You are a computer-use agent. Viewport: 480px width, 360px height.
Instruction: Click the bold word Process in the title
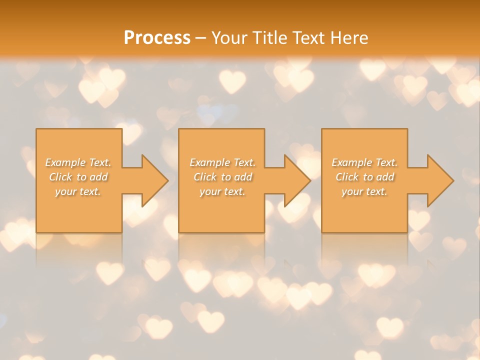[x=157, y=38]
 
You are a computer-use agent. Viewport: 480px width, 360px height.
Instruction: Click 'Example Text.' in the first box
[x=78, y=162]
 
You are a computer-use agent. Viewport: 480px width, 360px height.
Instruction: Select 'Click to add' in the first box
[x=78, y=177]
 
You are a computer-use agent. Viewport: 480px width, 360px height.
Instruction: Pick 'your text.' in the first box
[x=78, y=191]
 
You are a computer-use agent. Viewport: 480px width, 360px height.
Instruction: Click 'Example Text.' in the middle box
[x=222, y=162]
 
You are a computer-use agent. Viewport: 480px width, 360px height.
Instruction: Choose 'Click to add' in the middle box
[x=222, y=177]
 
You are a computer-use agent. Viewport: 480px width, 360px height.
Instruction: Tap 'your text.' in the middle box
[x=222, y=191]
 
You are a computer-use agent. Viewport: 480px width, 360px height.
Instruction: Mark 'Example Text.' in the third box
[x=364, y=162]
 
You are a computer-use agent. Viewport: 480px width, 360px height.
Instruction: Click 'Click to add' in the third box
[x=364, y=177]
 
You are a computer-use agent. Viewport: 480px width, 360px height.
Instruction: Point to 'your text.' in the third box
[x=364, y=191]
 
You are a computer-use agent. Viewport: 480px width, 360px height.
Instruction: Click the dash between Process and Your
[x=200, y=38]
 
